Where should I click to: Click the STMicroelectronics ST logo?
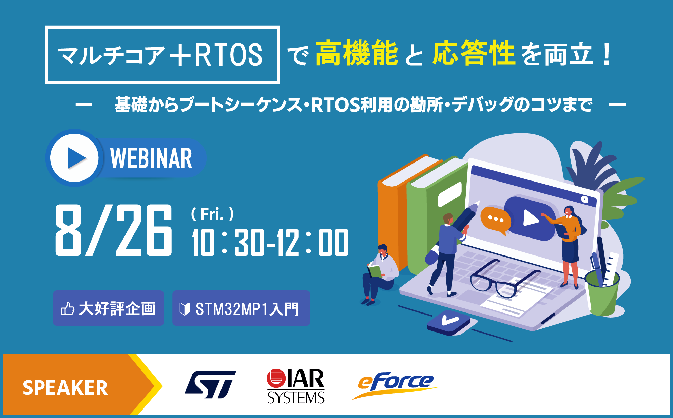pos(211,384)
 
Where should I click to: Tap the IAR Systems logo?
pos(295,386)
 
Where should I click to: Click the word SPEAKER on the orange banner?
pos(65,388)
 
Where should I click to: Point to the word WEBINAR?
pos(151,158)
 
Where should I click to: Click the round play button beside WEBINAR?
pos(74,158)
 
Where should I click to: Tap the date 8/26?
pos(114,230)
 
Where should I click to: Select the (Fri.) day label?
pos(212,214)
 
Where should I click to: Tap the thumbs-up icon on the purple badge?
pos(67,309)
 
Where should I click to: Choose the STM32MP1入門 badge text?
pos(247,309)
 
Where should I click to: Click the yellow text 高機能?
pos(357,53)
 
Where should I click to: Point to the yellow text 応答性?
pos(474,53)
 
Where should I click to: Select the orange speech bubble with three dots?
pos(496,221)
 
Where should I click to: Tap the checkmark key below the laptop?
pos(448,323)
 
